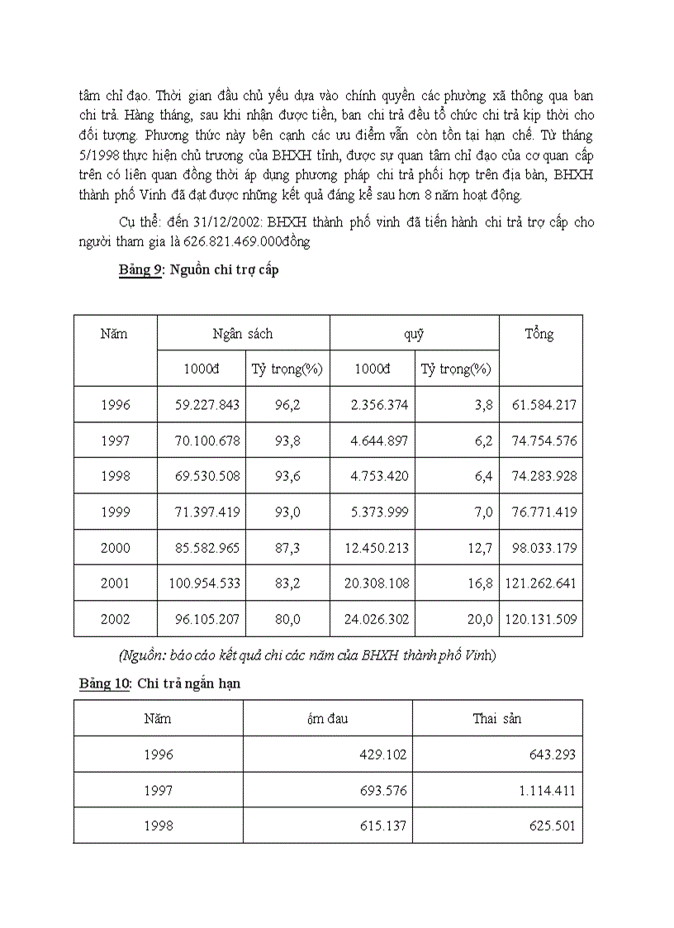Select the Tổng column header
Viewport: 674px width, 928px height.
pos(539,335)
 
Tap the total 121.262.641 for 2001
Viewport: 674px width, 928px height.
pos(540,583)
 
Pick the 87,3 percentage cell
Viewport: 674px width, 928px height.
pos(287,548)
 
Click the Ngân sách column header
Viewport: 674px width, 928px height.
pos(243,334)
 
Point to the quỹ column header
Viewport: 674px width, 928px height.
pos(414,334)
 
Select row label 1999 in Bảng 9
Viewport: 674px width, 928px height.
pos(116,512)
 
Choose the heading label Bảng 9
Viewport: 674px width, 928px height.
pos(140,271)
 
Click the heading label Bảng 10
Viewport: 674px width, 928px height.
pos(105,685)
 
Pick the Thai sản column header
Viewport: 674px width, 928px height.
pos(497,718)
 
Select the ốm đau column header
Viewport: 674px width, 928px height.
pos(327,718)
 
